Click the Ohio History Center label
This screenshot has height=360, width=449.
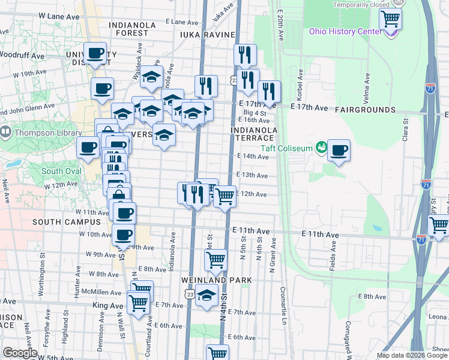[x=345, y=31]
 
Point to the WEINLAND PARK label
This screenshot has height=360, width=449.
[x=215, y=280]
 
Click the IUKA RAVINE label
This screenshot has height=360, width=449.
[x=205, y=35]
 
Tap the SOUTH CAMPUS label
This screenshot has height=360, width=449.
[x=67, y=221]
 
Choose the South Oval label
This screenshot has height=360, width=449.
[x=61, y=171]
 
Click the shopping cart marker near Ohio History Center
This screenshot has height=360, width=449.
[x=390, y=19]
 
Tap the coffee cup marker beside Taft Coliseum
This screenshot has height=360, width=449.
[x=339, y=150]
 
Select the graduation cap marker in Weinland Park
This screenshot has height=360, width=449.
[x=206, y=295]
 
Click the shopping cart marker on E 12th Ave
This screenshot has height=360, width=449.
[x=225, y=195]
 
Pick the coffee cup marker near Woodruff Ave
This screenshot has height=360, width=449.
[x=95, y=53]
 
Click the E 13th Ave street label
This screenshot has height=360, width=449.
[x=253, y=175]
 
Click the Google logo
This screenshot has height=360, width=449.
[x=19, y=353]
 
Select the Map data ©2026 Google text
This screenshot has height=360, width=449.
[x=412, y=355]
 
